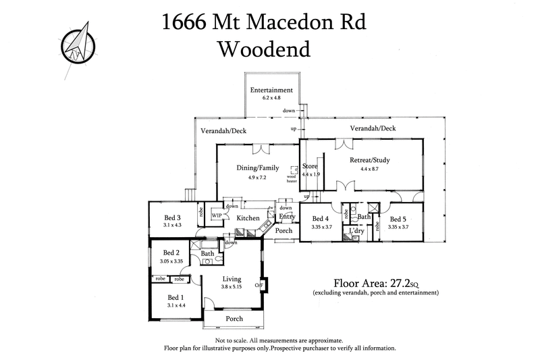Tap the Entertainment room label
pyautogui.click(x=271, y=90)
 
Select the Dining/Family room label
pyautogui.click(x=257, y=168)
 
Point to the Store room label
pyautogui.click(x=310, y=165)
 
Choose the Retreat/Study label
pyautogui.click(x=370, y=161)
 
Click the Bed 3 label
pyautogui.click(x=172, y=217)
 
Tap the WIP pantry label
pyautogui.click(x=217, y=216)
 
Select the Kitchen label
pyautogui.click(x=248, y=218)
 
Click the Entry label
pyautogui.click(x=288, y=217)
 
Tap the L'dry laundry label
pyautogui.click(x=356, y=231)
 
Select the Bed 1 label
pyautogui.click(x=174, y=297)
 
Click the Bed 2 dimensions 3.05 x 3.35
pyautogui.click(x=172, y=261)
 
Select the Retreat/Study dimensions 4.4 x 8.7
pyautogui.click(x=370, y=169)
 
